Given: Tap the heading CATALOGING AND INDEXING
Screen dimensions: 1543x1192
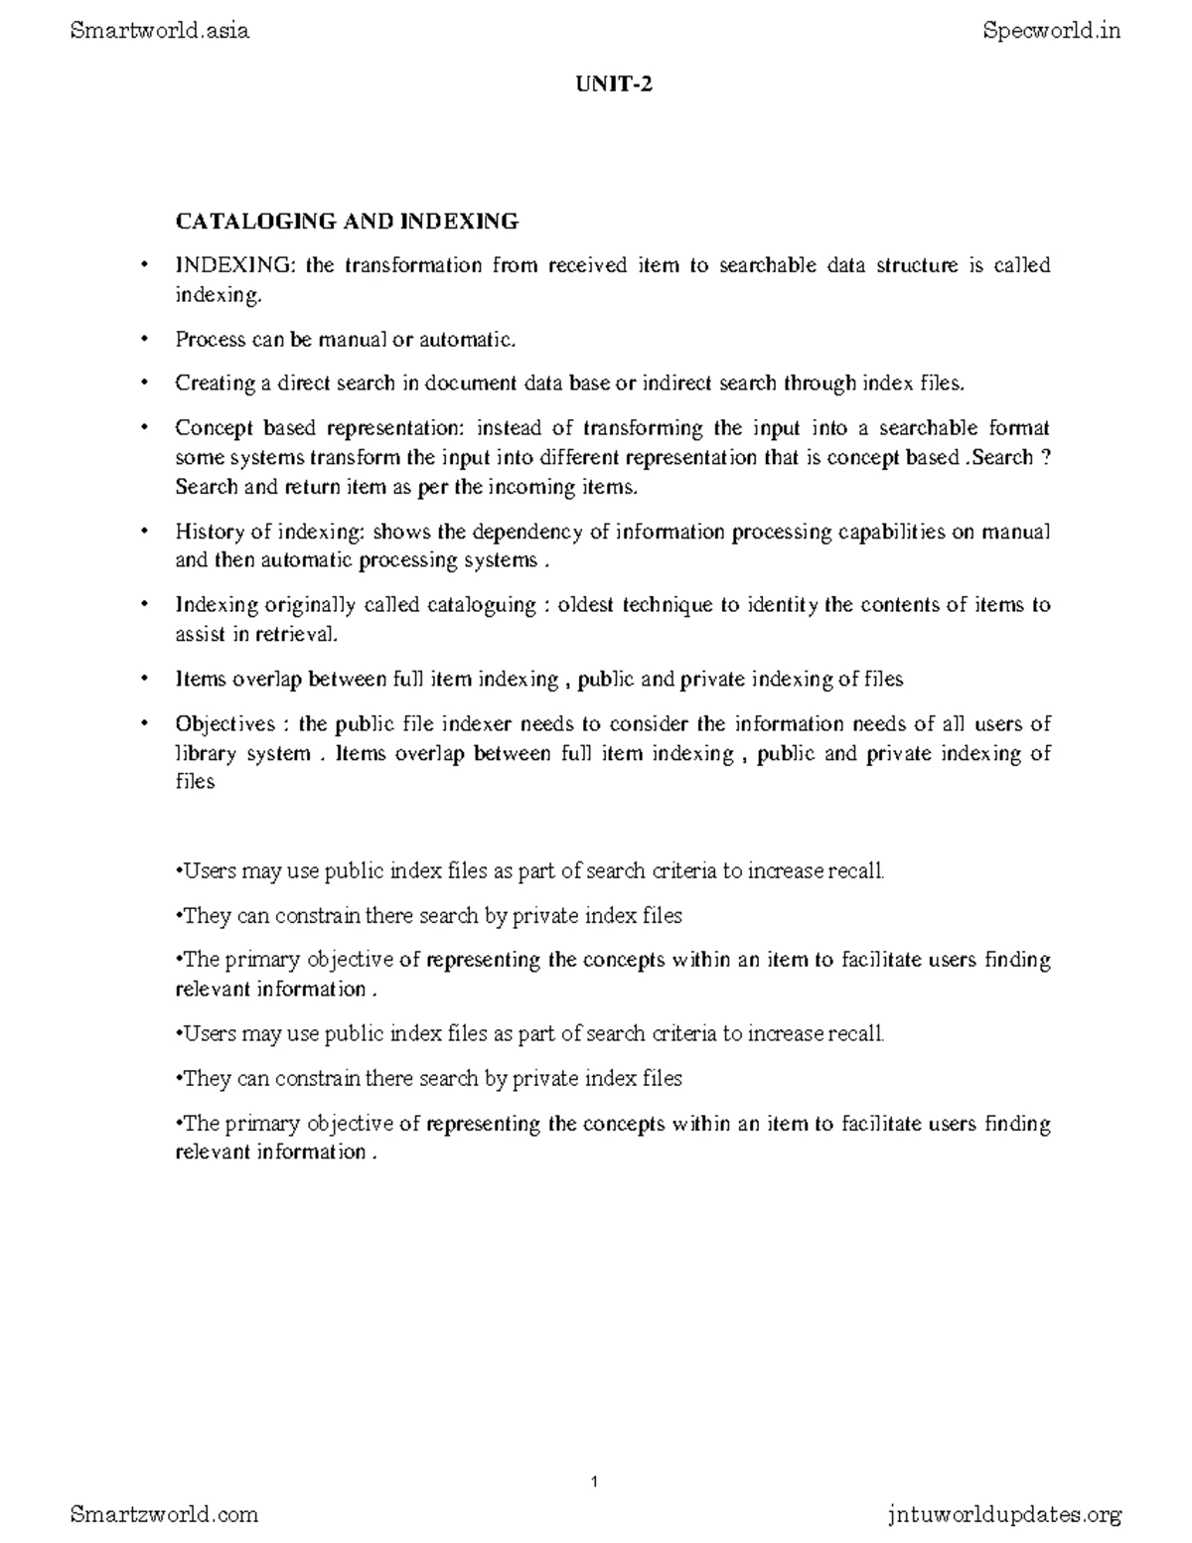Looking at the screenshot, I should (x=347, y=221).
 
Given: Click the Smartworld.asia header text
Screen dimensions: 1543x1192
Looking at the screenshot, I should (x=160, y=31).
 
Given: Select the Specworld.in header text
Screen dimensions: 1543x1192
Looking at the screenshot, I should (x=1052, y=31).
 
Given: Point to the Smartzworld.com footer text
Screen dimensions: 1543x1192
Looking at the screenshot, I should (x=165, y=1514).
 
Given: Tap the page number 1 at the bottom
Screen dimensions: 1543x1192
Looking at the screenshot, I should (x=595, y=1482).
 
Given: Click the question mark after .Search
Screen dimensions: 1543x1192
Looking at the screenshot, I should (x=1045, y=458).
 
